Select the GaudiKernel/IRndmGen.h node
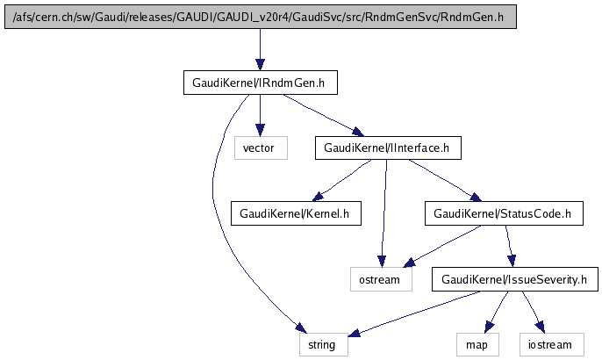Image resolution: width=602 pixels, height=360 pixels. (x=260, y=83)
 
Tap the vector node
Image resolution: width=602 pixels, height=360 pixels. (x=260, y=148)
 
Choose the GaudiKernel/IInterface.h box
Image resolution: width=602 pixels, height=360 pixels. (x=387, y=148)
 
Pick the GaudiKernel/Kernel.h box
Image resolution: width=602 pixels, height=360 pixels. (x=295, y=212)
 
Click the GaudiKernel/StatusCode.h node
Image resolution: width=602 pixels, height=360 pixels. (x=503, y=212)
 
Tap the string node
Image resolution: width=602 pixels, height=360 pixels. (x=323, y=345)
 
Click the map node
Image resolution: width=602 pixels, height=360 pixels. (x=477, y=345)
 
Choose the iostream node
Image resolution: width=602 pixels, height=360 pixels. (x=549, y=345)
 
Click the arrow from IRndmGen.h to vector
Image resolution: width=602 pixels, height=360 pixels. (x=260, y=115)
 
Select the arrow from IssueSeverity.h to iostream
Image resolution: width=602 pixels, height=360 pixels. (x=534, y=312)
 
